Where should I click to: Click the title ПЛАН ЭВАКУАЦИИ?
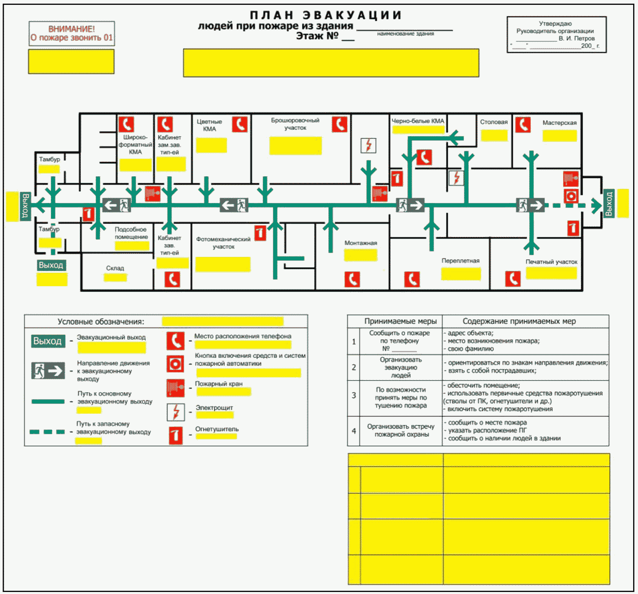pyautogui.click(x=325, y=15)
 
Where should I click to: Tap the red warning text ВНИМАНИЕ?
pyautogui.click(x=72, y=29)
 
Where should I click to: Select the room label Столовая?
pyautogui.click(x=494, y=122)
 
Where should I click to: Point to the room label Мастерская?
pyautogui.click(x=559, y=123)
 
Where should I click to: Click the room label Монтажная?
pyautogui.click(x=361, y=243)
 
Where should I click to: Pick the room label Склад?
pyautogui.click(x=115, y=268)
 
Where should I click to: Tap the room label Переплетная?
pyautogui.click(x=460, y=261)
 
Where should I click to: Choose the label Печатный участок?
pyautogui.click(x=551, y=262)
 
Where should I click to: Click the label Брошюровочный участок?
pyautogui.click(x=295, y=124)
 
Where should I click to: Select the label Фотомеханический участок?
pyautogui.click(x=223, y=243)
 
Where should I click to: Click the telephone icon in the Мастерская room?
pyautogui.click(x=523, y=125)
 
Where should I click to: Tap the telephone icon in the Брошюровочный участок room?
pyautogui.click(x=339, y=125)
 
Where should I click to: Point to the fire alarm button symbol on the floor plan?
pyautogui.click(x=571, y=197)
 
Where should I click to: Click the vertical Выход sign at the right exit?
pyautogui.click(x=608, y=203)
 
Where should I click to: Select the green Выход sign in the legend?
pyautogui.click(x=48, y=341)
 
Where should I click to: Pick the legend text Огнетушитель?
pyautogui.click(x=217, y=429)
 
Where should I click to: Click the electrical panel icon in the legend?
pyautogui.click(x=176, y=412)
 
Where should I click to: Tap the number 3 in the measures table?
pyautogui.click(x=354, y=395)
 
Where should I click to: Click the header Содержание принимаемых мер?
pyautogui.click(x=519, y=321)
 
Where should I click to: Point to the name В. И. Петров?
pyautogui.click(x=576, y=38)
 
